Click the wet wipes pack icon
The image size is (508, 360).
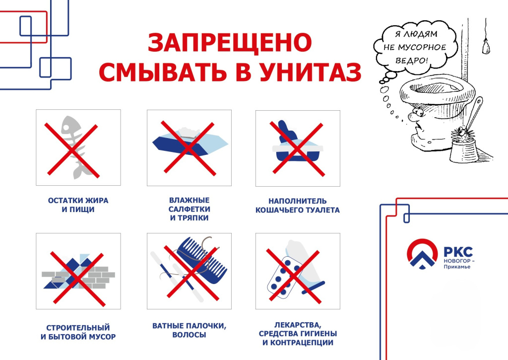click(x=189, y=144)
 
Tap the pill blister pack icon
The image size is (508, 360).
click(x=285, y=273)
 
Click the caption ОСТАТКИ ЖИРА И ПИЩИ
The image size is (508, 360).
click(x=78, y=205)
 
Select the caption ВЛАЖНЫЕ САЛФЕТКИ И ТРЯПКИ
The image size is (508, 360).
click(x=189, y=209)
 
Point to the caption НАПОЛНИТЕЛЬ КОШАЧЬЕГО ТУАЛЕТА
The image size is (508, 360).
click(x=297, y=206)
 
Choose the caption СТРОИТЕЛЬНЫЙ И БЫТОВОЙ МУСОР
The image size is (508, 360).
click(x=78, y=332)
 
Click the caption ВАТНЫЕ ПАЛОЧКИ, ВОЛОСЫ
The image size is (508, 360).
click(x=189, y=330)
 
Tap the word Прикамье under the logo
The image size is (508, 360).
click(x=455, y=267)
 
